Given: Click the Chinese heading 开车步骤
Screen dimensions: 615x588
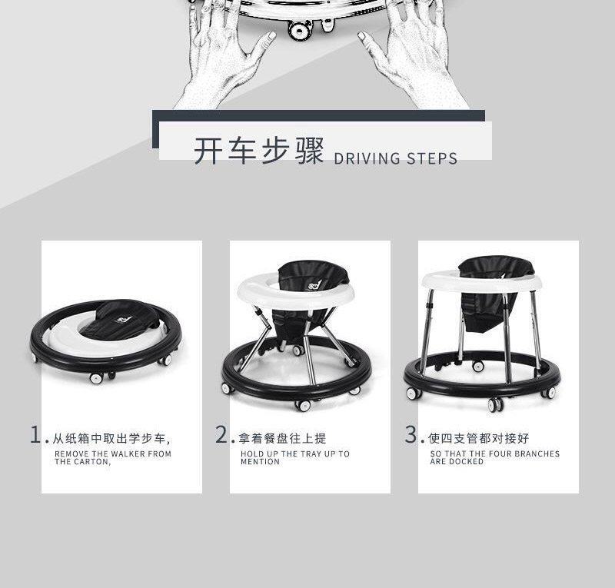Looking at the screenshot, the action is [259, 151].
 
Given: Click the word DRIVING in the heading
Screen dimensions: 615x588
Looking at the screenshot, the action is [367, 158].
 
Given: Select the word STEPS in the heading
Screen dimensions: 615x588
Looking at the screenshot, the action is [432, 158].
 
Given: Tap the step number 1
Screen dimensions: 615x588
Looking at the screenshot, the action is [35, 434].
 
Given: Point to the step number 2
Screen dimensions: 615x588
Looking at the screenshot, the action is [221, 434].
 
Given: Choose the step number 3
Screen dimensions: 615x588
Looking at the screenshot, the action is [411, 434].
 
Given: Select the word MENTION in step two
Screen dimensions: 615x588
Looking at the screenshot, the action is [260, 462].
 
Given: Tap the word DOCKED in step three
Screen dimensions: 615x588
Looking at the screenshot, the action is [466, 461].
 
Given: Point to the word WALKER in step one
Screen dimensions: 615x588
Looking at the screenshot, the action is [128, 453].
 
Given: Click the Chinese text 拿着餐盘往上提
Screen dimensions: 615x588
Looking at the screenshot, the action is [282, 438].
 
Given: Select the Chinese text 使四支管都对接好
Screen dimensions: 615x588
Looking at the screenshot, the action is [478, 438].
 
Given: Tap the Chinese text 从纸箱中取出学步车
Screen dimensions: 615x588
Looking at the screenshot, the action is [109, 438].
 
